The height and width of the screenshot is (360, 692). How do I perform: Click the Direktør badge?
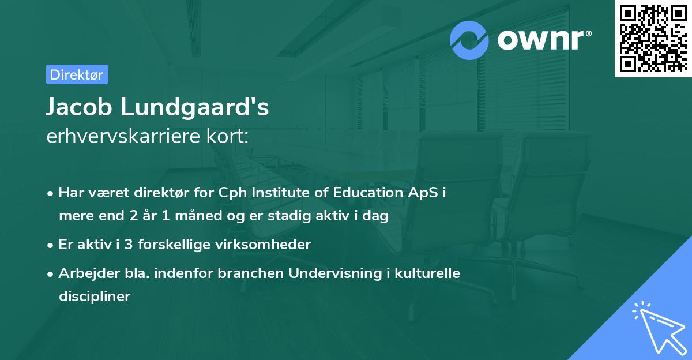[x=77, y=74]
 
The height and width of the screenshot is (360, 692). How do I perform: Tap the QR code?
[x=652, y=39]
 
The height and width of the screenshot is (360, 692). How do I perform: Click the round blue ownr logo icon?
[x=469, y=40]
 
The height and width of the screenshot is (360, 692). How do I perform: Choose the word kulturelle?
[x=426, y=273]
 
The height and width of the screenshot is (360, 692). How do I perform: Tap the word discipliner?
[x=95, y=297]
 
